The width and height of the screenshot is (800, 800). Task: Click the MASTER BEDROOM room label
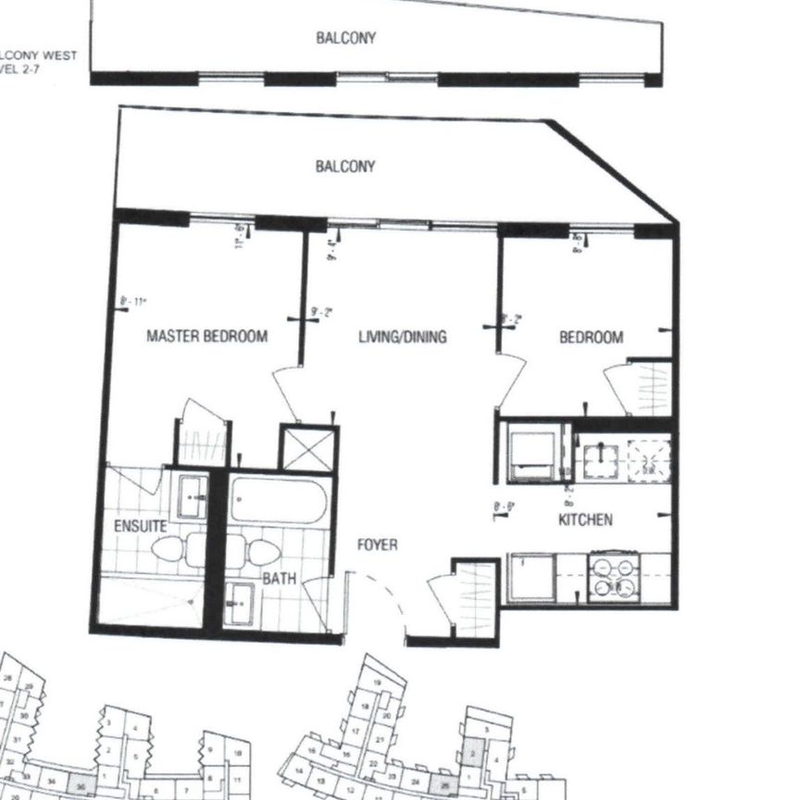pyautogui.click(x=206, y=336)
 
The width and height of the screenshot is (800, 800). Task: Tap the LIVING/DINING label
pyautogui.click(x=402, y=336)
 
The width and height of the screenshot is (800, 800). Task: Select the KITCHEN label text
pyautogui.click(x=585, y=519)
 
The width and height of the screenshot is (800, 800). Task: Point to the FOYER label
pyautogui.click(x=378, y=544)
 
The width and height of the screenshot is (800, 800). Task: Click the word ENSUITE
pyautogui.click(x=140, y=526)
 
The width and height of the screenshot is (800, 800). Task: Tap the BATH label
pyautogui.click(x=279, y=579)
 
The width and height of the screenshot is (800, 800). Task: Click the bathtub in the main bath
pyautogui.click(x=277, y=500)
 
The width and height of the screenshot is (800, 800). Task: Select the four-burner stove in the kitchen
pyautogui.click(x=615, y=576)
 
